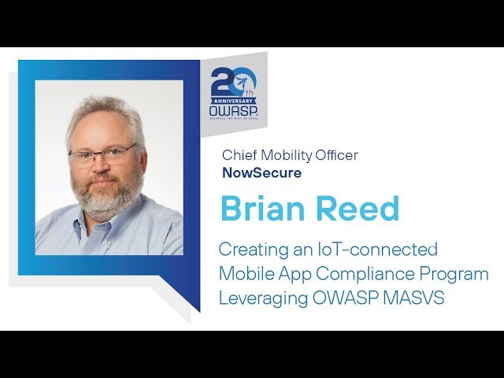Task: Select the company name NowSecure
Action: tap(261, 172)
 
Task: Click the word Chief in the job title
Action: tap(239, 155)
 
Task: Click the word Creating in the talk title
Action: tap(250, 250)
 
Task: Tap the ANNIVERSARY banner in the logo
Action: tap(233, 100)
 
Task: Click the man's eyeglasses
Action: tap(103, 156)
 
